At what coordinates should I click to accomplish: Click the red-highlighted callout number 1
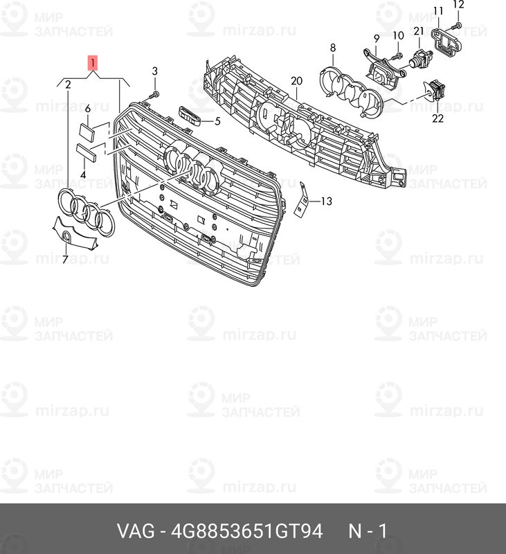tap(92, 64)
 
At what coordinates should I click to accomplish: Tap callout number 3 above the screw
tap(154, 71)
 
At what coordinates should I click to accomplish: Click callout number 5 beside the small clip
tap(217, 121)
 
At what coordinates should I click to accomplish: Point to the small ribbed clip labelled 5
tap(190, 115)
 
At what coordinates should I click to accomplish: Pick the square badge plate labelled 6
tap(85, 132)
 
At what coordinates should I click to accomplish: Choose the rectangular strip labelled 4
tap(86, 152)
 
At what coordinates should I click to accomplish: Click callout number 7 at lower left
tap(65, 259)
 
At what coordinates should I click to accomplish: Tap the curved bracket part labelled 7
tap(75, 232)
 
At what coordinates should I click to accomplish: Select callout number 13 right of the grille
tap(326, 201)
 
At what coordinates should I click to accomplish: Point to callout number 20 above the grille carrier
tap(296, 81)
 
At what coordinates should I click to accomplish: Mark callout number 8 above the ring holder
tap(333, 48)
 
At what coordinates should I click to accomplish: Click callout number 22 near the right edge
tap(437, 118)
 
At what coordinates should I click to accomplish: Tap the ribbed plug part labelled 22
tap(435, 90)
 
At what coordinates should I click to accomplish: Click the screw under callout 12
tap(456, 26)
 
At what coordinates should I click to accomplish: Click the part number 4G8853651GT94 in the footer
tap(247, 531)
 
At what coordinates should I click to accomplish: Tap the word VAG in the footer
tap(136, 531)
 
